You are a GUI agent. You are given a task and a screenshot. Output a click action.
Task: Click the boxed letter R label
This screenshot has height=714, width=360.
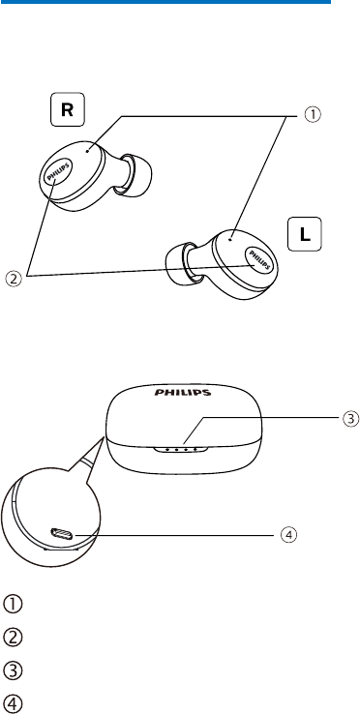(x=67, y=109)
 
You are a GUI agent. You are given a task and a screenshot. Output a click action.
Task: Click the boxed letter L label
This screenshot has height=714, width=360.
(x=305, y=234)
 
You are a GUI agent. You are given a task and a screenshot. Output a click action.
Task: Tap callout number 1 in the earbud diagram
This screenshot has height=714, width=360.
(x=313, y=115)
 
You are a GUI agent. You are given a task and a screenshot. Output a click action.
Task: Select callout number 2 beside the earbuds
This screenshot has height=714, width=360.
(x=14, y=279)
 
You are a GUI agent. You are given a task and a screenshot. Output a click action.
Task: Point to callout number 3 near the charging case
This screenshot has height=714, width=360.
(x=351, y=419)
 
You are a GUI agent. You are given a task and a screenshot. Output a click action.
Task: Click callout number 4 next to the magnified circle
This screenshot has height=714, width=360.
(x=288, y=535)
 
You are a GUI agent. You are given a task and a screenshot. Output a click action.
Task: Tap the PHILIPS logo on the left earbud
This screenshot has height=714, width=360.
(x=259, y=259)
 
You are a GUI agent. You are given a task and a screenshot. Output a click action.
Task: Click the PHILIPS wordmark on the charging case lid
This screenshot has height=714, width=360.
(x=182, y=392)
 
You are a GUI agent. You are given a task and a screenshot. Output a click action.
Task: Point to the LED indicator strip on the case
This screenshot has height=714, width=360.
(x=180, y=450)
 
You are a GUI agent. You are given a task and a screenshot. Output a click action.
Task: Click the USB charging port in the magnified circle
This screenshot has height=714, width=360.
(x=62, y=533)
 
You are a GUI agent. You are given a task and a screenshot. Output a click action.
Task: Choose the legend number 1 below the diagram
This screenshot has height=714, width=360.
(x=14, y=605)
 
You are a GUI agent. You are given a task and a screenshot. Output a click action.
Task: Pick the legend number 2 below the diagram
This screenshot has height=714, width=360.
(x=14, y=638)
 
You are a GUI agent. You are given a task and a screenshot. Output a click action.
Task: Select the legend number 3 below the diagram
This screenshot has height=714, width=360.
(x=14, y=670)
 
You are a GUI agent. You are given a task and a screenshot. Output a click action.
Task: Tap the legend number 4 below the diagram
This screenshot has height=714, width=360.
(x=14, y=704)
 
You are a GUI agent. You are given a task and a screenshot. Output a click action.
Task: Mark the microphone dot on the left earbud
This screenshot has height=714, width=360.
(x=232, y=238)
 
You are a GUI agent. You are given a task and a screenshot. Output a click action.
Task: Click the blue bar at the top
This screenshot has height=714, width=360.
(x=165, y=2)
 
